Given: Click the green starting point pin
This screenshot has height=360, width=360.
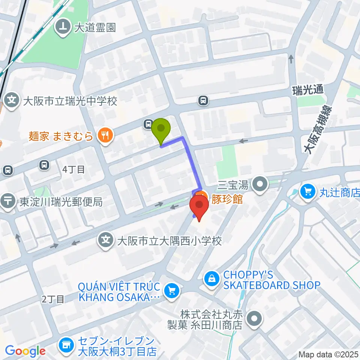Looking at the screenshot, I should click(161, 130).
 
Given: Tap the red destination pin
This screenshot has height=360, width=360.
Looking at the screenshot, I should click(199, 207).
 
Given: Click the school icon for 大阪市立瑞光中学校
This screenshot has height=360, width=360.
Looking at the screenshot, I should click(12, 101).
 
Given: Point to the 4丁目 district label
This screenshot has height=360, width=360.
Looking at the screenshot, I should click(73, 169).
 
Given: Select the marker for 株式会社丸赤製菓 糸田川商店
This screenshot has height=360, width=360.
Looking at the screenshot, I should click(255, 319).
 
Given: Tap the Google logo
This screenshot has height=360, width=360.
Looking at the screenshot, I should click(25, 351).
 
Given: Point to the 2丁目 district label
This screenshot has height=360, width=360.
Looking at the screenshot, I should click(53, 299).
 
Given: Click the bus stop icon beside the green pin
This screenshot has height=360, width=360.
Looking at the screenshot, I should click(148, 124).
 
